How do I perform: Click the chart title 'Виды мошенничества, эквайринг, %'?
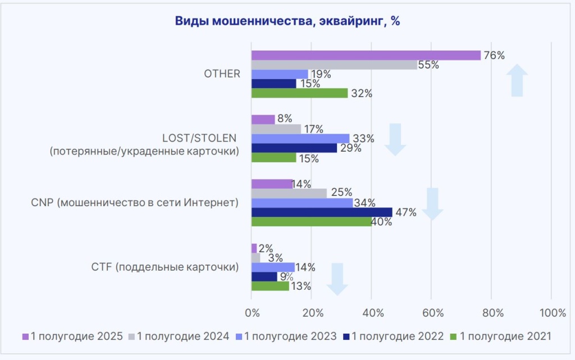287,21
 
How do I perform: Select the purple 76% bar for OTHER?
366,55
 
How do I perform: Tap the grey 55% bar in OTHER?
334,65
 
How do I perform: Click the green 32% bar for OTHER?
299,93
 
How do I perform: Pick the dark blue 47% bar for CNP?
322,212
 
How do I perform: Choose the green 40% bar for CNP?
311,221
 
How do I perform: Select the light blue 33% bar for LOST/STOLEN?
300,138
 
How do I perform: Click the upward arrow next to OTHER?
517,80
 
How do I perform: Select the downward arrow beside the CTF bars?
337,279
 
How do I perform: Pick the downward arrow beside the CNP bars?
432,204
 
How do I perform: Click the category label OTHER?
223,74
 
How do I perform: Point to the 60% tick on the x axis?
431,312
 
